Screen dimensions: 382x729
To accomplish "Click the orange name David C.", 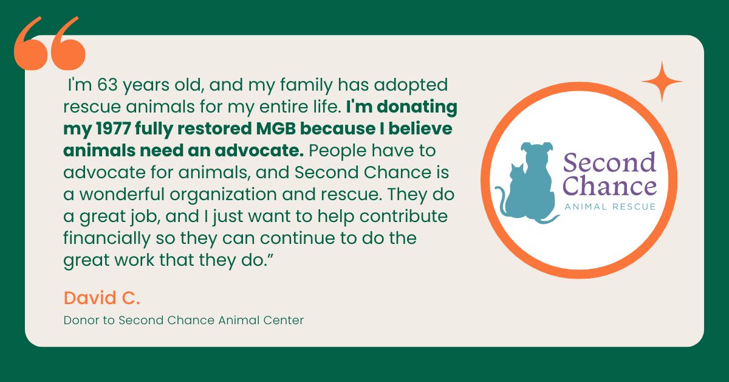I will coord(94,298).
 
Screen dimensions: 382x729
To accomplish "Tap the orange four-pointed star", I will coord(662,82).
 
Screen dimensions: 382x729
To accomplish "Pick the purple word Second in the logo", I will coord(609,163).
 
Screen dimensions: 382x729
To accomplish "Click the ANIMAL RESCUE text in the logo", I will coord(609,207).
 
